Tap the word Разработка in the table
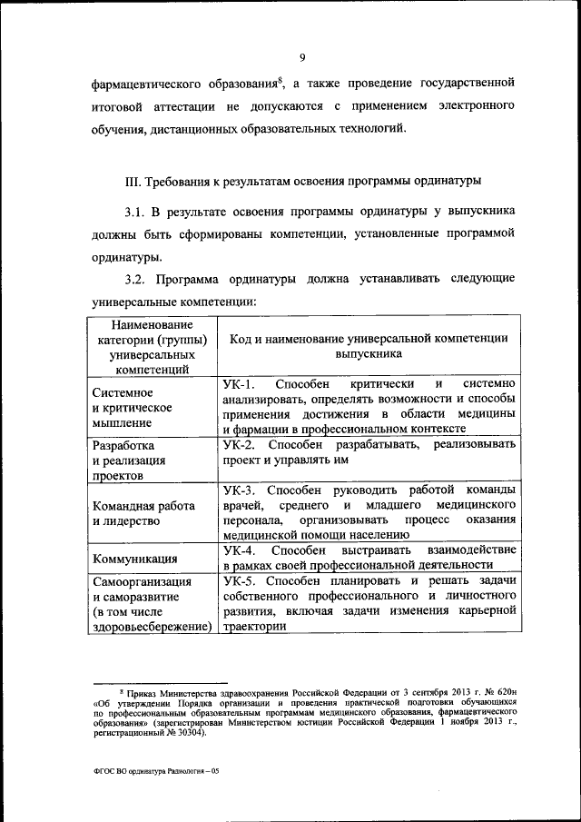123,446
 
